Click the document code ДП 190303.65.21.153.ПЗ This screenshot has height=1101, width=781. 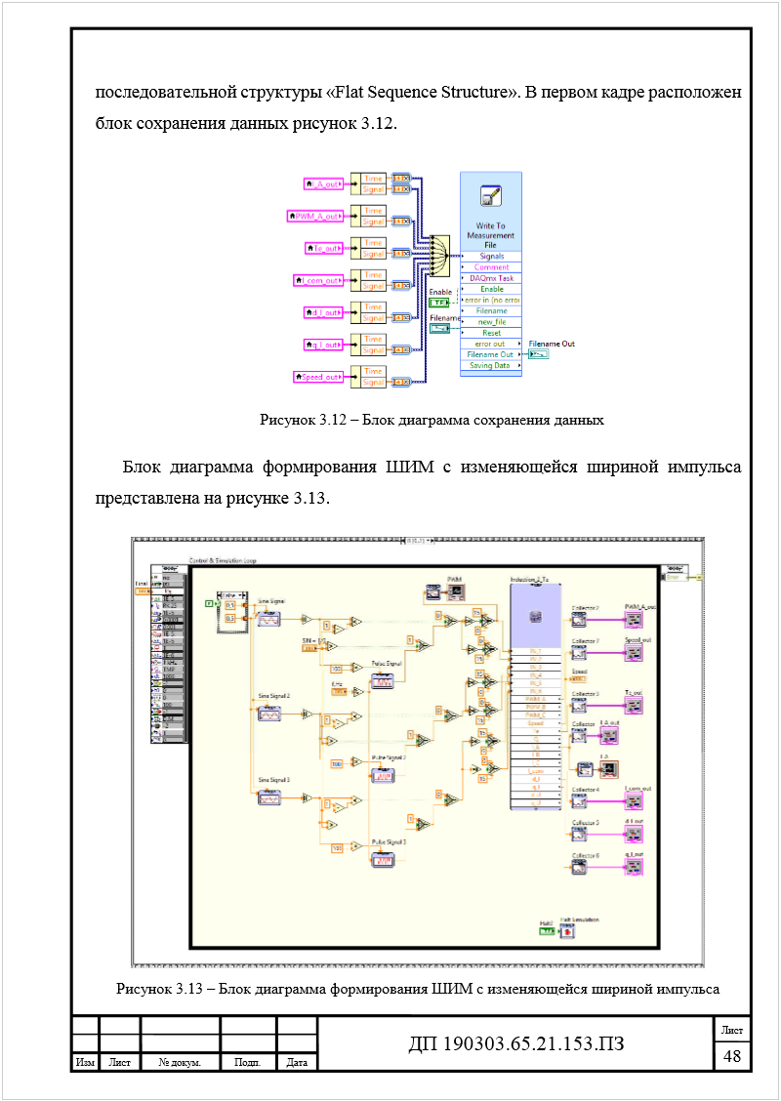(x=515, y=1044)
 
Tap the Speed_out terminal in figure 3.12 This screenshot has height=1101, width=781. (x=317, y=377)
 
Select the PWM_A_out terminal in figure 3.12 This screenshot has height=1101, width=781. (x=314, y=216)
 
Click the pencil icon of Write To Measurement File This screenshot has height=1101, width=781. (x=490, y=196)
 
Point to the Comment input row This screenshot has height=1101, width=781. (x=491, y=266)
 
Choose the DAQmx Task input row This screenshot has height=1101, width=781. (x=491, y=278)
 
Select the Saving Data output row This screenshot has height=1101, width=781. (x=491, y=365)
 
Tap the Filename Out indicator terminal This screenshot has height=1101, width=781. (x=539, y=354)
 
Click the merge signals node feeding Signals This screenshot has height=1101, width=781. (x=438, y=255)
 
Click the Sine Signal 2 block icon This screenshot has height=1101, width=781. (x=269, y=714)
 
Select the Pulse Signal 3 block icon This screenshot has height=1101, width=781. (x=382, y=858)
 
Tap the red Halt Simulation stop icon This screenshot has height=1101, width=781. (x=567, y=931)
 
